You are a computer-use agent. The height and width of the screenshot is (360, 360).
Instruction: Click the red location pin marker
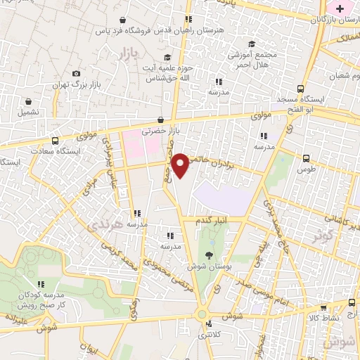click(x=182, y=165)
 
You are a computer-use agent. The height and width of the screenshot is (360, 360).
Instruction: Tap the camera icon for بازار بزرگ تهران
click(x=76, y=73)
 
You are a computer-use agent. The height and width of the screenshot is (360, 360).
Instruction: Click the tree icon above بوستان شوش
click(x=209, y=255)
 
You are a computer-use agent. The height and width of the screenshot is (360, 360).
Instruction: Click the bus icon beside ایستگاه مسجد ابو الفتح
click(x=301, y=89)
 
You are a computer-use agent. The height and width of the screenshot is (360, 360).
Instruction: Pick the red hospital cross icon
click(x=341, y=9)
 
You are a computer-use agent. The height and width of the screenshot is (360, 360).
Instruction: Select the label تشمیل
click(x=29, y=112)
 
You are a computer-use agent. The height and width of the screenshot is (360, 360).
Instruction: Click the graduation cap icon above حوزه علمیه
click(x=167, y=58)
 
